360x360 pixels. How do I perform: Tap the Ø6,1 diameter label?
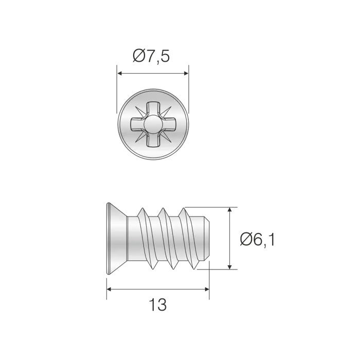pyautogui.click(x=257, y=239)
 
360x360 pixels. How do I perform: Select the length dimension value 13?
pyautogui.click(x=158, y=305)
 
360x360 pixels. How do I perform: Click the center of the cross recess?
pyautogui.click(x=153, y=124)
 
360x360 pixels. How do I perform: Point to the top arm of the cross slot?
pyautogui.click(x=153, y=109)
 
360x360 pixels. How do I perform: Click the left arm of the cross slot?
pyautogui.click(x=136, y=124)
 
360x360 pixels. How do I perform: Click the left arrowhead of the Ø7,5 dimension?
pyautogui.click(x=120, y=73)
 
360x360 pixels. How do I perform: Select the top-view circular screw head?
pyautogui.click(x=153, y=124)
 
